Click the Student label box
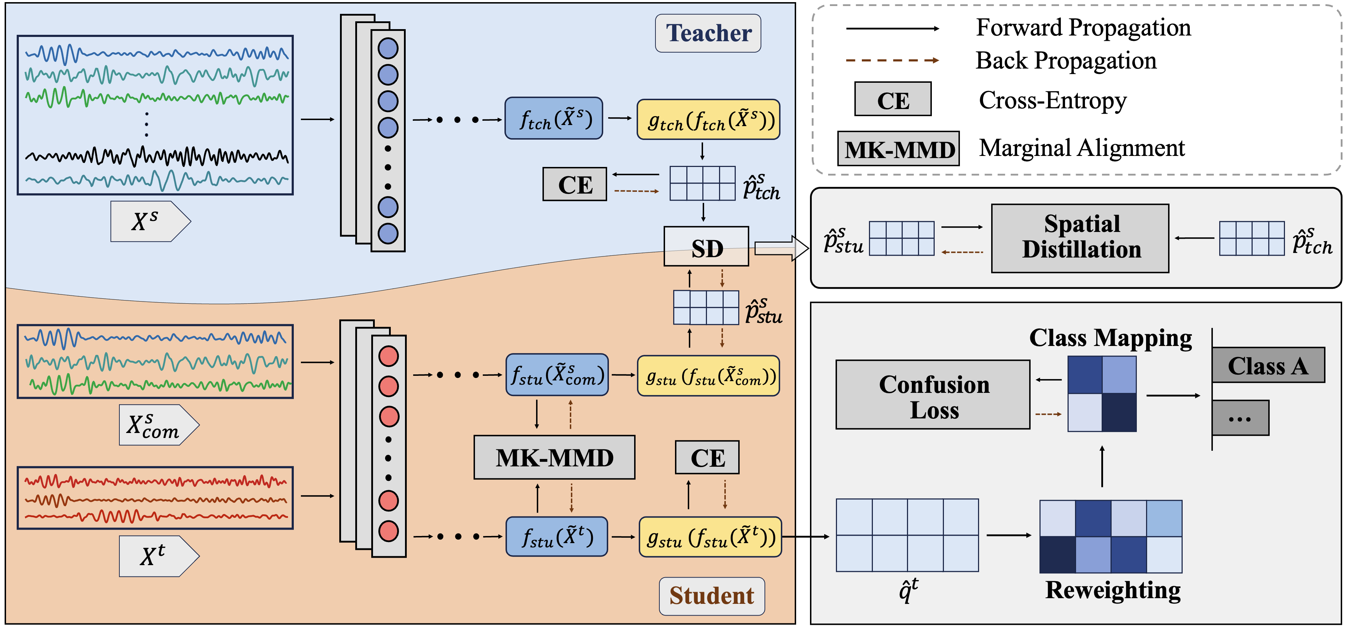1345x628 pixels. pyautogui.click(x=711, y=596)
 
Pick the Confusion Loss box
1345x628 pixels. pyautogui.click(x=933, y=395)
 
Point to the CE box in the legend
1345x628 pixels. pyautogui.click(x=892, y=99)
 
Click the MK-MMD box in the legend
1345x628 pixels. pyautogui.click(x=898, y=149)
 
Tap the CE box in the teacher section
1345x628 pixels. pyautogui.click(x=574, y=184)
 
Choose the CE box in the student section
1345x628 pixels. pyautogui.click(x=707, y=457)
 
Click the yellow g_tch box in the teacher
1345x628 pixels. pyautogui.click(x=708, y=120)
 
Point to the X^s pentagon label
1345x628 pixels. pyautogui.click(x=150, y=221)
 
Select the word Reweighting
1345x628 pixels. pyautogui.click(x=1113, y=590)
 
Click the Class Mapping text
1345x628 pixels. pyautogui.click(x=1110, y=338)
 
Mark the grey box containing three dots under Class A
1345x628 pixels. pyautogui.click(x=1240, y=418)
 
